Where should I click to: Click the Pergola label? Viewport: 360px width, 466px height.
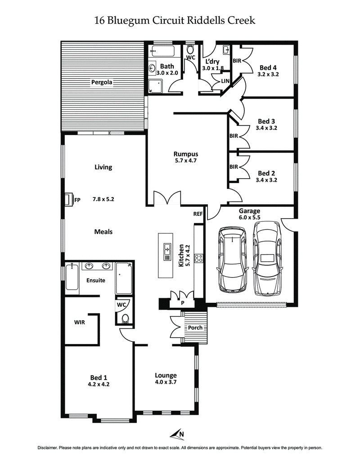point(101,82)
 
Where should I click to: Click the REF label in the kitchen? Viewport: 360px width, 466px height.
point(198,214)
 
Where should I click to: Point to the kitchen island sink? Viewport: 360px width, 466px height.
point(167,248)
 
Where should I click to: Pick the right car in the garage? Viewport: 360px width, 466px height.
point(268,258)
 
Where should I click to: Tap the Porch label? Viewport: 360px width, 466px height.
point(195,327)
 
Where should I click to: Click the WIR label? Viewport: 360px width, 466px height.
point(80,322)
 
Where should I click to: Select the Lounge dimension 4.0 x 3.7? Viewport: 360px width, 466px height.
point(166,382)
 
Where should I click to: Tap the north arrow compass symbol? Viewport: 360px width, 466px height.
point(177,434)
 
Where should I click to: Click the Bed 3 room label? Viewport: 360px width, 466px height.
point(266,121)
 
